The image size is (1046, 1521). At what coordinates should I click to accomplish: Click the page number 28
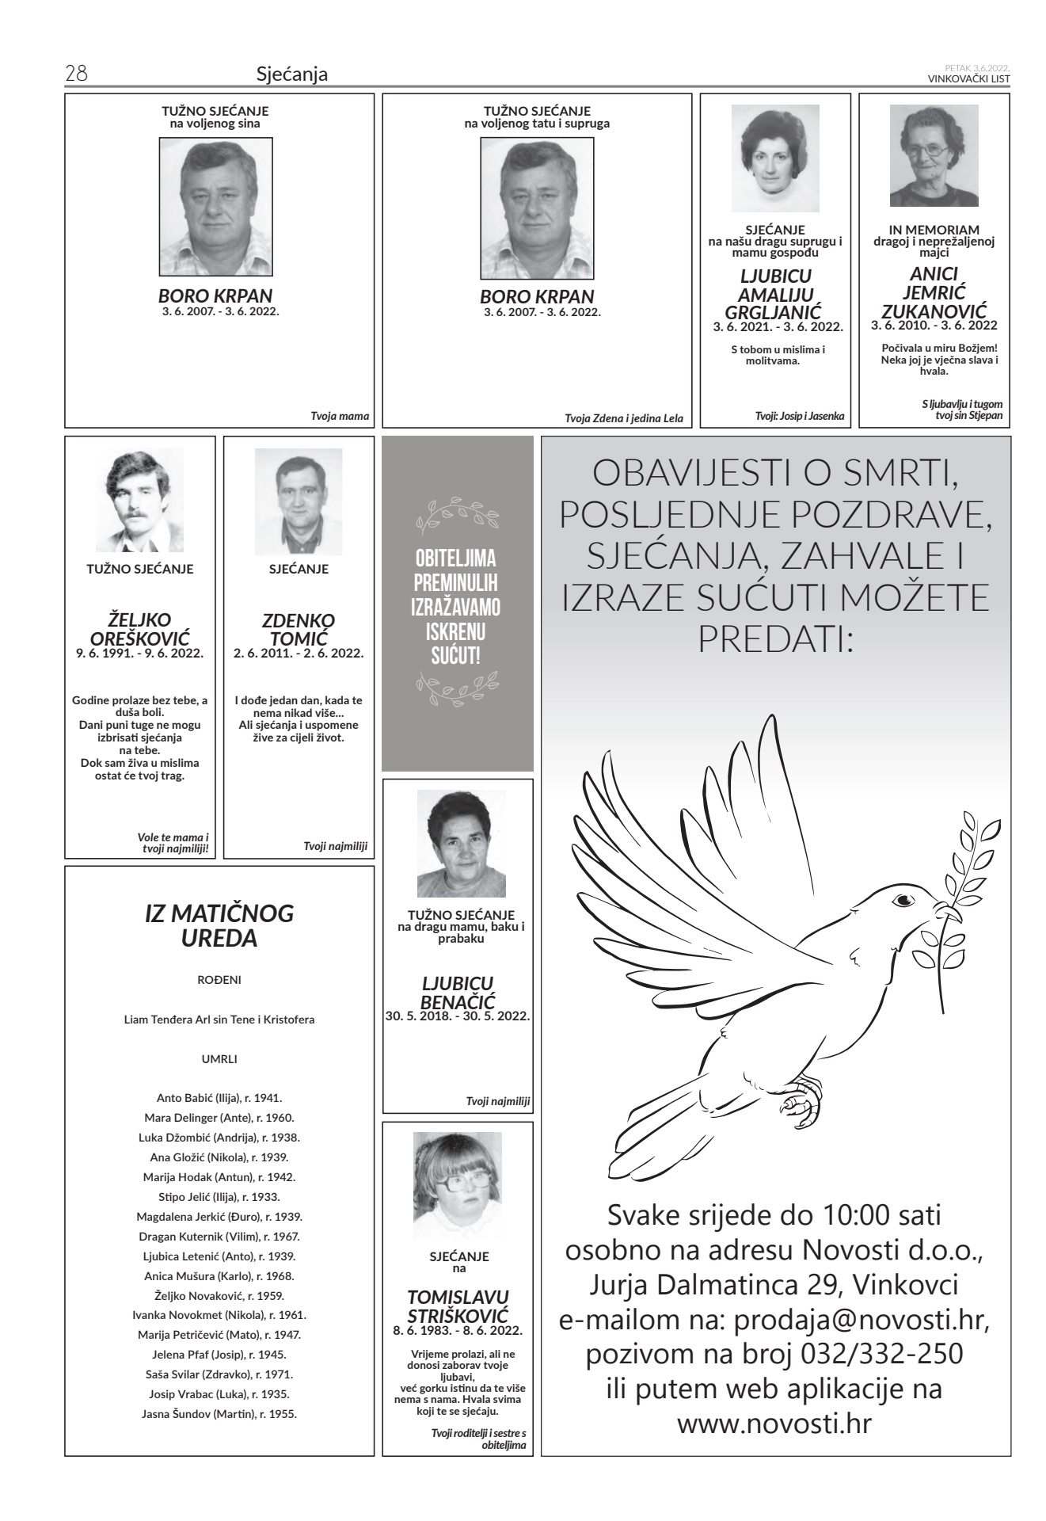click(x=76, y=74)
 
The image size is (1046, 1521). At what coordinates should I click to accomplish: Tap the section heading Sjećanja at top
click(x=292, y=75)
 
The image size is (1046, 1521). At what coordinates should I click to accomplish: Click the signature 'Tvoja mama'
click(x=340, y=416)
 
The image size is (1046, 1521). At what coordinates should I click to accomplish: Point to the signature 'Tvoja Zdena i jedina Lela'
click(x=623, y=418)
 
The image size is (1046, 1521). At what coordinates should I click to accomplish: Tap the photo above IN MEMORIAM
click(x=934, y=156)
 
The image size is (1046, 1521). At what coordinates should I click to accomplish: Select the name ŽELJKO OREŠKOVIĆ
click(x=139, y=629)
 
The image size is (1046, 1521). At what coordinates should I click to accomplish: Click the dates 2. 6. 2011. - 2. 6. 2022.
click(x=299, y=654)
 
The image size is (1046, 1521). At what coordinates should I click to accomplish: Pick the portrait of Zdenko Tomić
click(x=299, y=502)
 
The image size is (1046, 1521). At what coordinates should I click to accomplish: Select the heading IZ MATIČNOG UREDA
click(x=219, y=925)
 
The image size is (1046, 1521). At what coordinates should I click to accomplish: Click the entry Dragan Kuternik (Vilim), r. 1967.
click(x=219, y=1236)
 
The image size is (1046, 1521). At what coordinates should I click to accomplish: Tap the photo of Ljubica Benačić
click(x=461, y=844)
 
